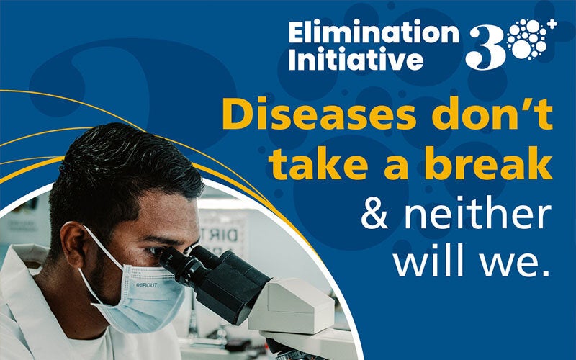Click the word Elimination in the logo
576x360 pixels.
pyautogui.click(x=373, y=33)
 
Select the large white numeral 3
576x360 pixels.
pyautogui.click(x=485, y=47)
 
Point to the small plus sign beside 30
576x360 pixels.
pyautogui.click(x=552, y=25)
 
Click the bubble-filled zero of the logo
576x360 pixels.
pyautogui.click(x=528, y=42)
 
